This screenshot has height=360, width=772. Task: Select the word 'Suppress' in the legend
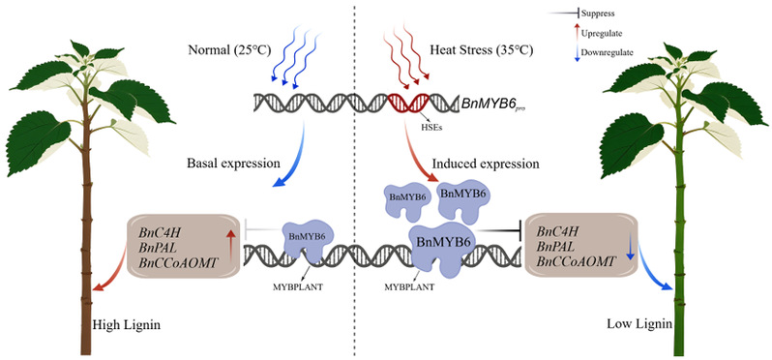[x=598, y=14]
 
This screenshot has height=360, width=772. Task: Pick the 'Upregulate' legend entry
[x=602, y=34]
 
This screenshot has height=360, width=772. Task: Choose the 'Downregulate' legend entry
[x=608, y=51]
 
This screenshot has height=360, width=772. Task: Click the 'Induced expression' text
[x=485, y=163]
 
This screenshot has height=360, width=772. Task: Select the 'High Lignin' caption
[x=127, y=325]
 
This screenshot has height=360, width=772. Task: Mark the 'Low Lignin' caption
[x=639, y=324]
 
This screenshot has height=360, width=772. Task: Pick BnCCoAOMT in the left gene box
[x=178, y=263]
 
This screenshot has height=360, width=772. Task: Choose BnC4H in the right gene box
[x=557, y=231]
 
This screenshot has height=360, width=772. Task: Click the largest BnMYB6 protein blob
[x=442, y=249]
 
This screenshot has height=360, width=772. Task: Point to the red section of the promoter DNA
[x=407, y=103]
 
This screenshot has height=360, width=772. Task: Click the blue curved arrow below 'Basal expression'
[x=294, y=157]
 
